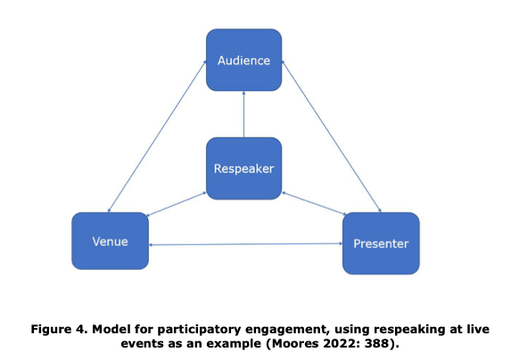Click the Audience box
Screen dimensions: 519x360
[x=244, y=60]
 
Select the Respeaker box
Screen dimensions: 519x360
[x=244, y=168]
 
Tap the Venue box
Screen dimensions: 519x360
[x=111, y=241]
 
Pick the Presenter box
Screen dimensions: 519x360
[x=381, y=243]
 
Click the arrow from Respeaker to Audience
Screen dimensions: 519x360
[x=244, y=114]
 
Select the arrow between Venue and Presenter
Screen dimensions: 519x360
[x=245, y=244]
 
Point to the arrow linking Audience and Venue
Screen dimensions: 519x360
[x=157, y=136]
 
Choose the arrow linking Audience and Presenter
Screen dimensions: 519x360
[x=332, y=136]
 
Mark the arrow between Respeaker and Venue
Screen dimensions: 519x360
[x=177, y=204]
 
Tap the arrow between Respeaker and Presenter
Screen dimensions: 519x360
[x=314, y=204]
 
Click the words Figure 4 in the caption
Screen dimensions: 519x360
[x=59, y=330]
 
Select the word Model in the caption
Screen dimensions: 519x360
[x=111, y=329]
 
